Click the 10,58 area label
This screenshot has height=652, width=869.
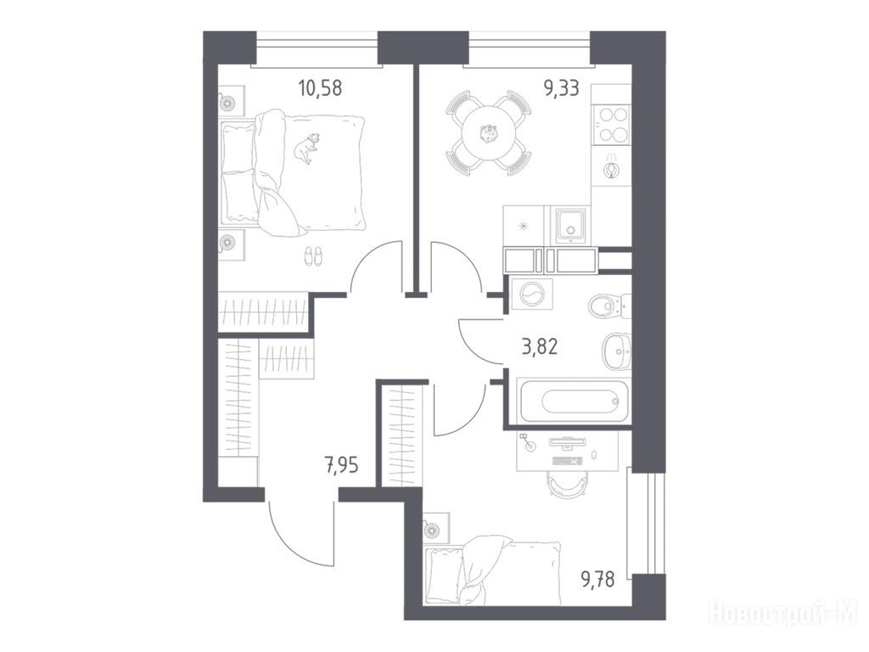point(320,87)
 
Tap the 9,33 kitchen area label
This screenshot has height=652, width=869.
point(562,87)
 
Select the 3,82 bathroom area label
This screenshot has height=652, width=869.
point(540,346)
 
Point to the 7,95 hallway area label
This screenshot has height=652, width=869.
point(341,465)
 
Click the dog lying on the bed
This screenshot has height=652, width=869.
point(306,148)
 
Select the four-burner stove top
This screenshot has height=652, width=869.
point(611,125)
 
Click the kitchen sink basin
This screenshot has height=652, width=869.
point(568,225)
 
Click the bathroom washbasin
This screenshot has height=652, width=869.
point(617,351)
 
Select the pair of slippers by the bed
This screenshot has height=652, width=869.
point(313,256)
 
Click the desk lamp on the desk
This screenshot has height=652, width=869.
point(529,441)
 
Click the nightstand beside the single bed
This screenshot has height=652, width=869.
point(436,529)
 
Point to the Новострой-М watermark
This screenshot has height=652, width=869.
point(783,613)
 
